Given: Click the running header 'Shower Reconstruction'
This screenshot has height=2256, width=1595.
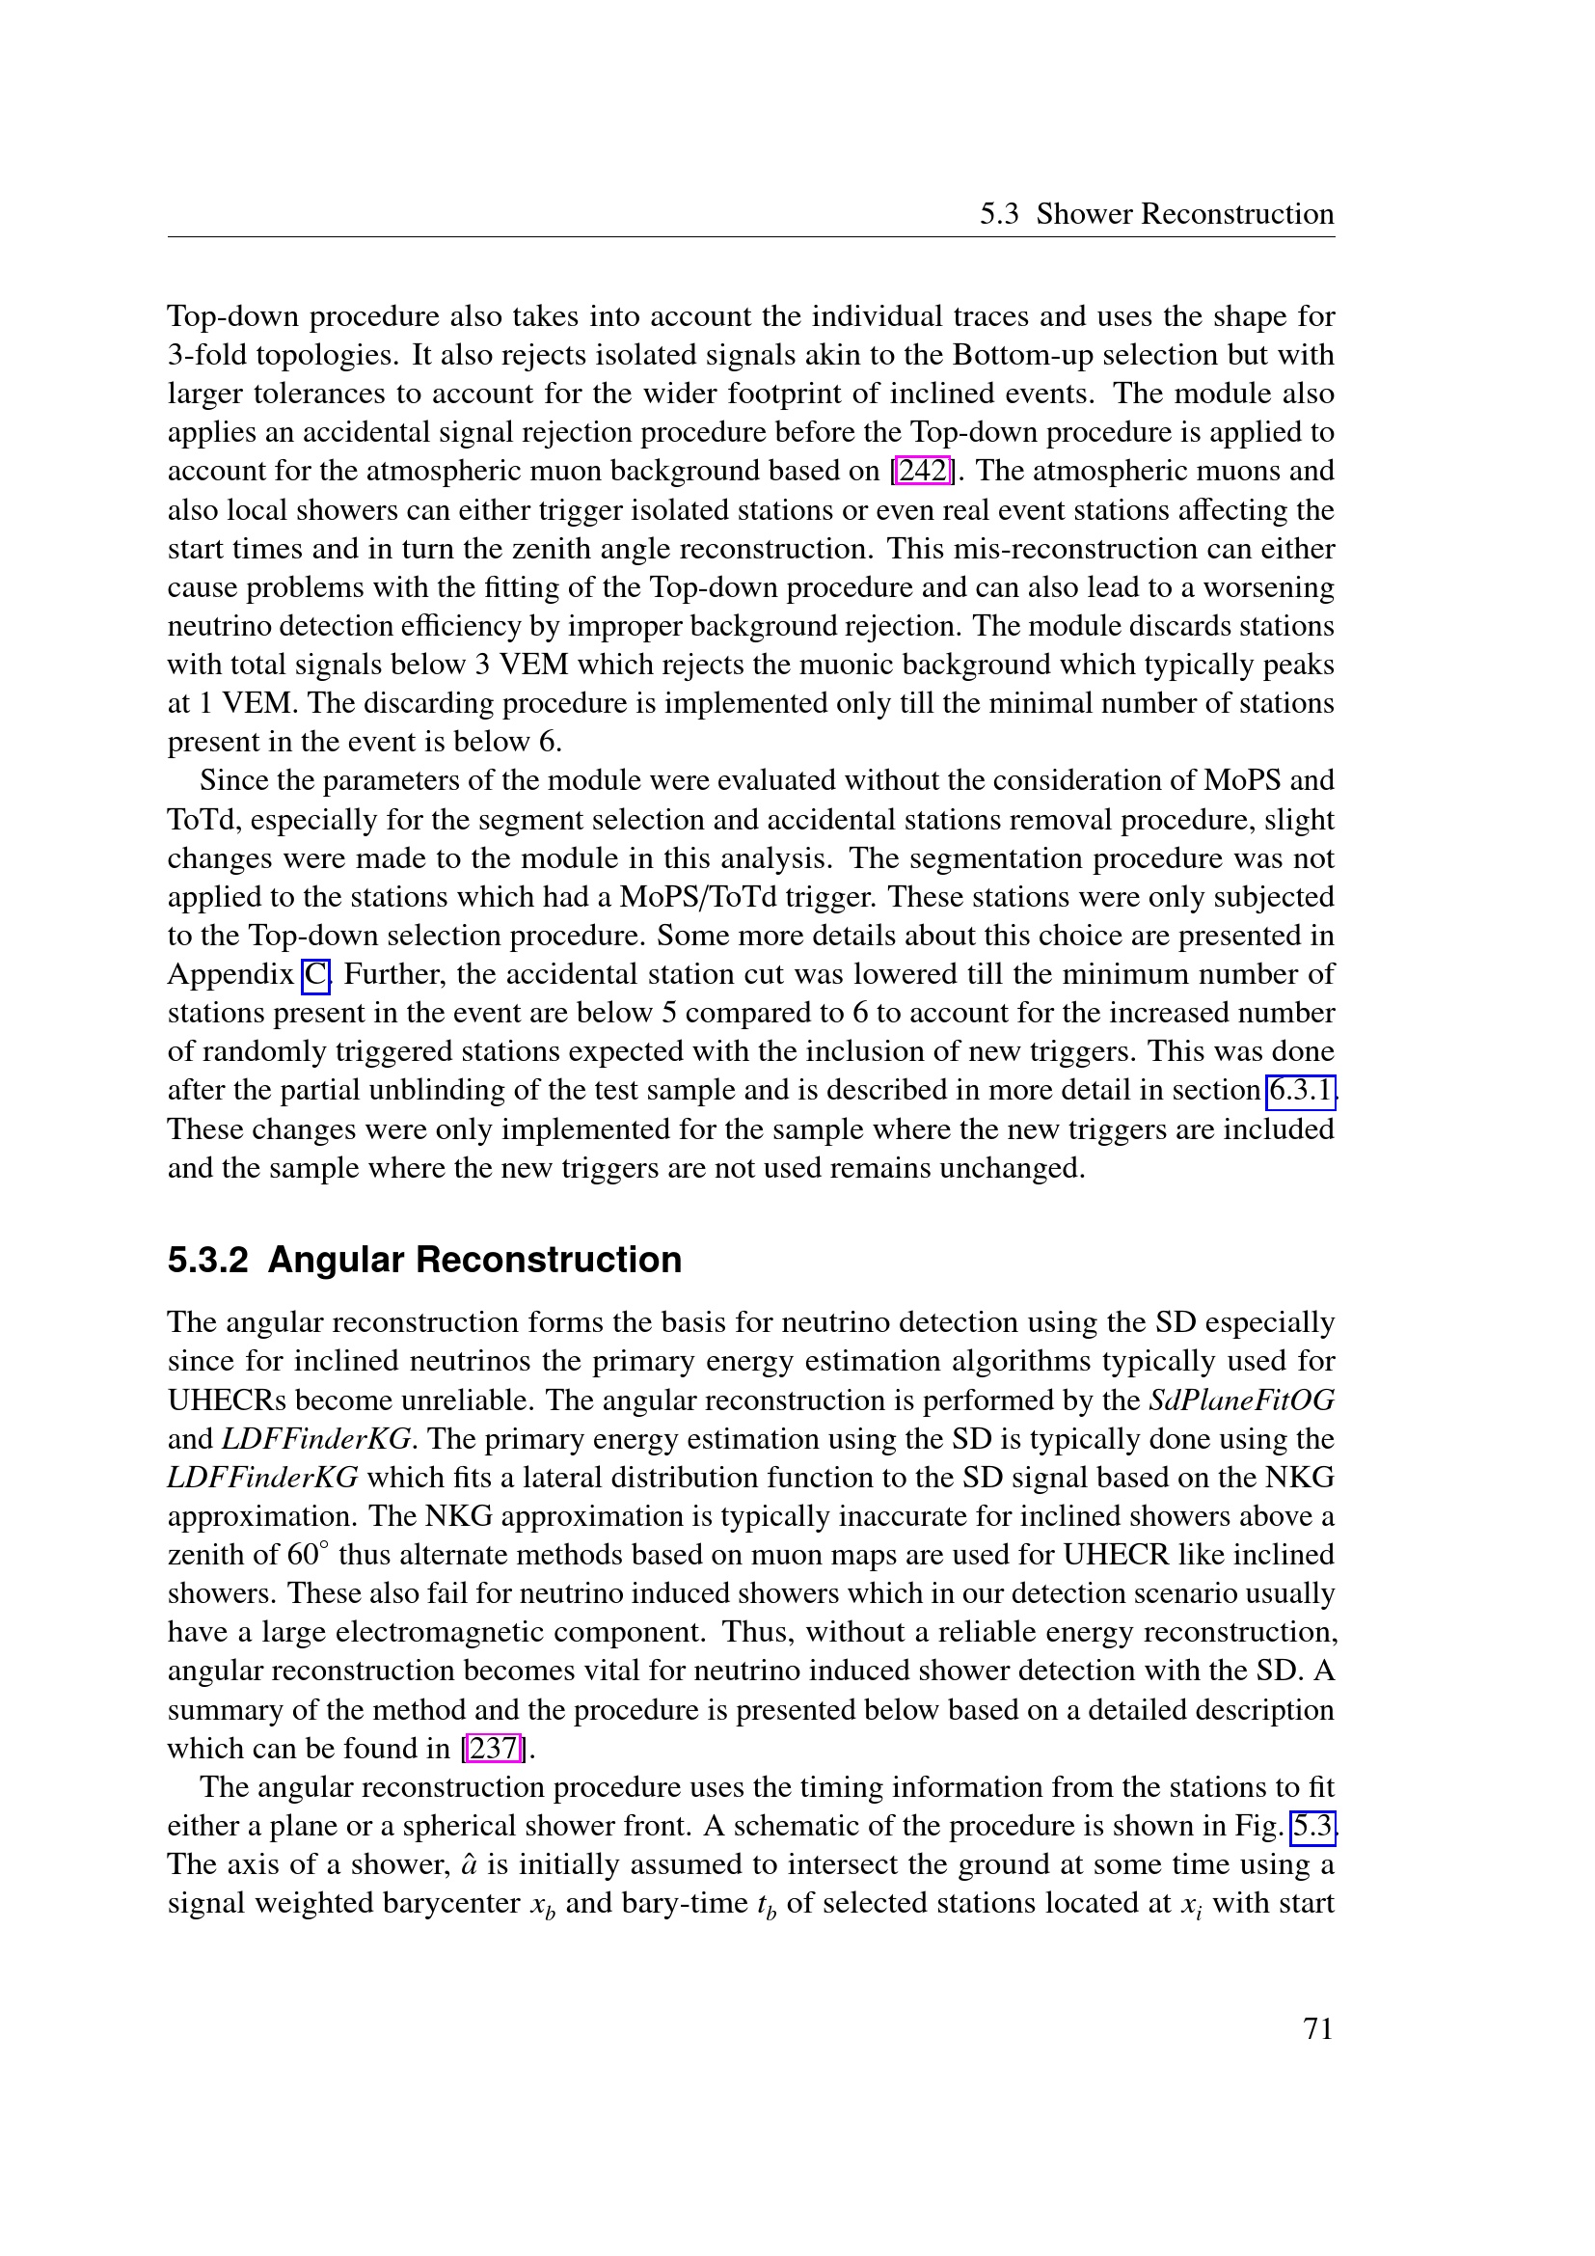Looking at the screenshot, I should tap(1184, 214).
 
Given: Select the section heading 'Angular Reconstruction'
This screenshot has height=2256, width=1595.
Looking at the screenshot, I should tap(474, 1260).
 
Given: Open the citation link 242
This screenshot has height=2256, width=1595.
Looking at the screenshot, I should tap(923, 471).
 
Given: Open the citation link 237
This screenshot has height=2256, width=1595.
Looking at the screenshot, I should tap(493, 1748).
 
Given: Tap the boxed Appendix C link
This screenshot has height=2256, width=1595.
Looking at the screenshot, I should tap(315, 975).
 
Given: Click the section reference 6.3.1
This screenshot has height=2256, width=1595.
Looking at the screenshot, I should tap(1300, 1091).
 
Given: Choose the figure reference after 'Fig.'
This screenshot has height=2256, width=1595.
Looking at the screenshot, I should tap(1312, 1826).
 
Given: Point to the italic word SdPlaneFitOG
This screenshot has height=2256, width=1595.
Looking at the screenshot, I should tap(1241, 1400).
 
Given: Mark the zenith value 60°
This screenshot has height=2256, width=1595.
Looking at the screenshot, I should tap(299, 1555).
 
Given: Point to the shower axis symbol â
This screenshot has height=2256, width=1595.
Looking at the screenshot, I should tap(469, 1865).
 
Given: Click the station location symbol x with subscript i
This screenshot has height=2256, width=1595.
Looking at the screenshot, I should tap(1191, 1905).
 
